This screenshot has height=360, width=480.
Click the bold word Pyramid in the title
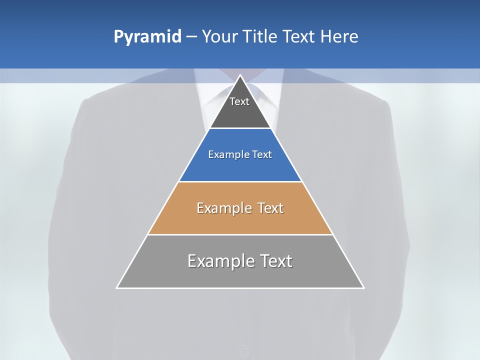pos(147,37)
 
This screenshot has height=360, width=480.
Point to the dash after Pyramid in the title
pos(191,37)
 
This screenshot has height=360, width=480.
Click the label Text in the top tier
pos(239,102)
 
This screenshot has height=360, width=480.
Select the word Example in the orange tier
pos(223,208)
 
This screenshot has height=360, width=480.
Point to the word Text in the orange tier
pos(270,208)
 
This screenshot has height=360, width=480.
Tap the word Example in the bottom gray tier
pos(220,261)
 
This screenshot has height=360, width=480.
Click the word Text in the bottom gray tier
pos(275,261)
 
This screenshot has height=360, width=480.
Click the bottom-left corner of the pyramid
pos(117,287)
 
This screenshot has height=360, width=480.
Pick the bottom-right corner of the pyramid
pos(363,287)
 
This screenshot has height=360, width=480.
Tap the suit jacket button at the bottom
pos(244,349)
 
